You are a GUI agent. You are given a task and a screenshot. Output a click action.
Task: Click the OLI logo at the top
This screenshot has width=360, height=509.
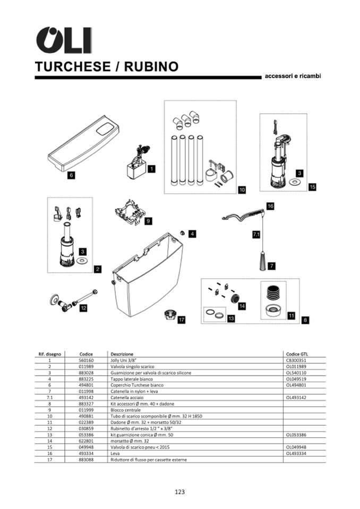63,40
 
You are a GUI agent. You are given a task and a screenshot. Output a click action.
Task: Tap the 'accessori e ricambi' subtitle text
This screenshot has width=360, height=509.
293,76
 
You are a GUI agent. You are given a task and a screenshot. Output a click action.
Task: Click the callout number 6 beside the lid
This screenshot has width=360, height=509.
71,174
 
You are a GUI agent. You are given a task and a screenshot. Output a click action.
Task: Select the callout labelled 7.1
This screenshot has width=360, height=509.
256,234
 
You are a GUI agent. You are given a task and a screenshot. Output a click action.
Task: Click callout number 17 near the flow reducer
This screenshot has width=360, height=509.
182,320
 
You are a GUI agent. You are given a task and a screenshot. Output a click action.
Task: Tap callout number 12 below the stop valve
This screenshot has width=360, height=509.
83,307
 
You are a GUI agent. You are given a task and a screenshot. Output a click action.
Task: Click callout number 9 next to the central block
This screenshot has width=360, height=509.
149,220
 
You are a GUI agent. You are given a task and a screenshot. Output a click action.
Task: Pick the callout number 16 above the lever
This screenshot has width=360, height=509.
270,205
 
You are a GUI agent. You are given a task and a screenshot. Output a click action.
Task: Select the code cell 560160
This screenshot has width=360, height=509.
86,359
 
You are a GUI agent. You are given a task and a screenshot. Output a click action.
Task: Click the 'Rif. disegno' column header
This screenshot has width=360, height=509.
49,353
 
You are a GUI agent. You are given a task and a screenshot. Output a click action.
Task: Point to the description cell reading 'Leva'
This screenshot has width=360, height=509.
115,453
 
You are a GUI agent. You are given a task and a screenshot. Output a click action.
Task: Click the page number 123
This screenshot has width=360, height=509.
179,491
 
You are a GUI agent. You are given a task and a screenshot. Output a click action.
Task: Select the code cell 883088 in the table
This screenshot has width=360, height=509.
86,459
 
